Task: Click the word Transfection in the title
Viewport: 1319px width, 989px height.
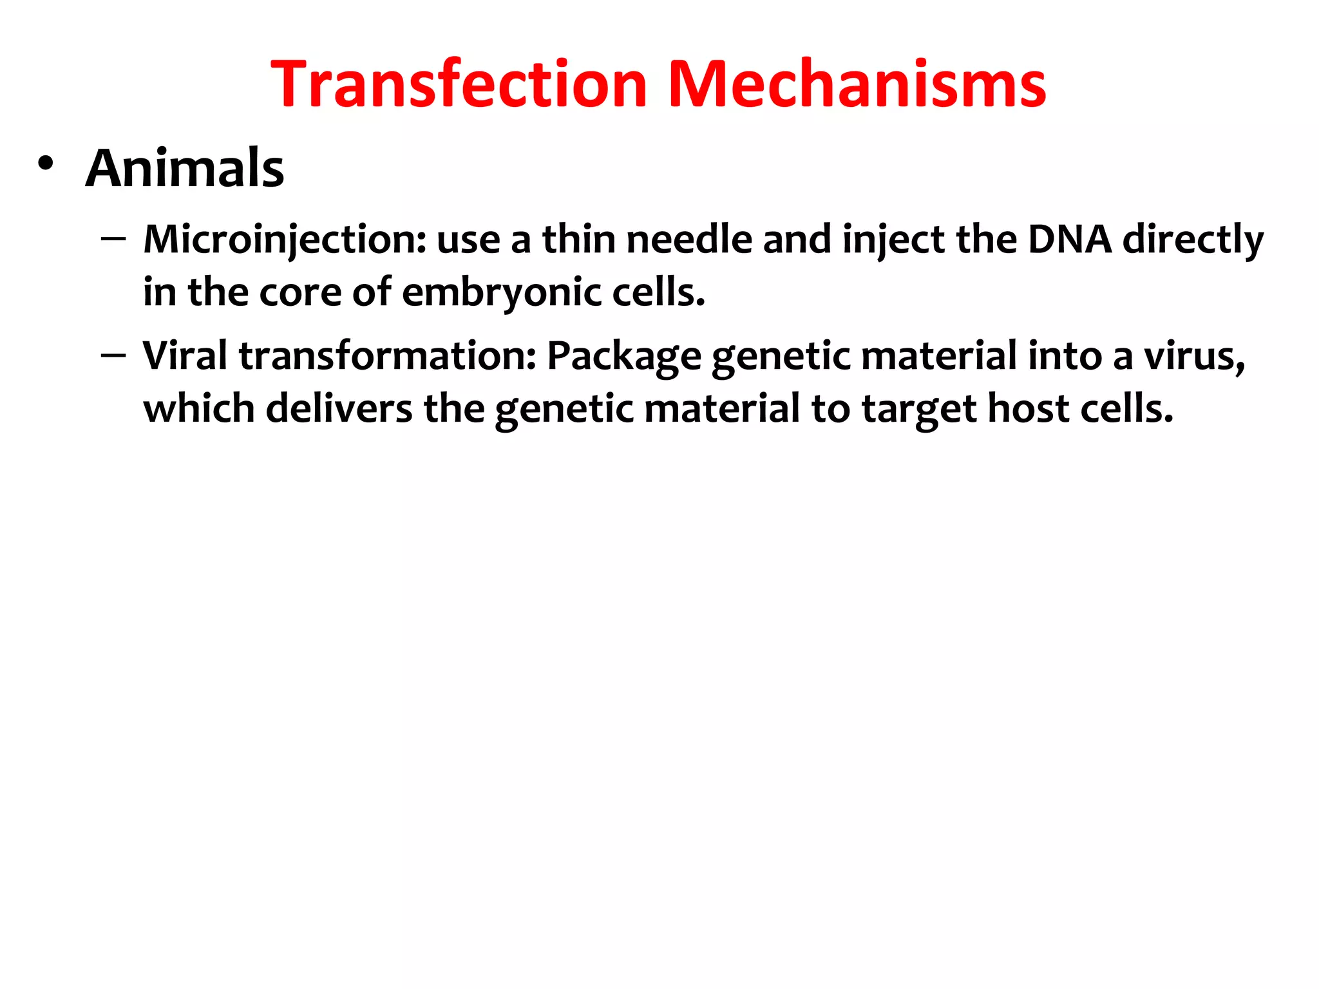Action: (459, 84)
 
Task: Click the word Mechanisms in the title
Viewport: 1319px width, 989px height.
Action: (857, 84)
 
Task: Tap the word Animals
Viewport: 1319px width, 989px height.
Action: (185, 169)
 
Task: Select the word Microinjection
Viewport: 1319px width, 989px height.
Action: (284, 240)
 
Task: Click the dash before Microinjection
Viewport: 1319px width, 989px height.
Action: (113, 239)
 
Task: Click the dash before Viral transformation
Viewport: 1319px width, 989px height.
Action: (113, 355)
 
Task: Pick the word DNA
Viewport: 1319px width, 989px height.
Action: (1070, 240)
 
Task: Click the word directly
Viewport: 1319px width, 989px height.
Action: (1193, 240)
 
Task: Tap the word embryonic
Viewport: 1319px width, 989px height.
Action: (502, 292)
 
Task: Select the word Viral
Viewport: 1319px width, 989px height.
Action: (185, 355)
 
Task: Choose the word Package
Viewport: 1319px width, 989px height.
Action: (624, 355)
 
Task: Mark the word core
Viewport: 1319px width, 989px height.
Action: (299, 292)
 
